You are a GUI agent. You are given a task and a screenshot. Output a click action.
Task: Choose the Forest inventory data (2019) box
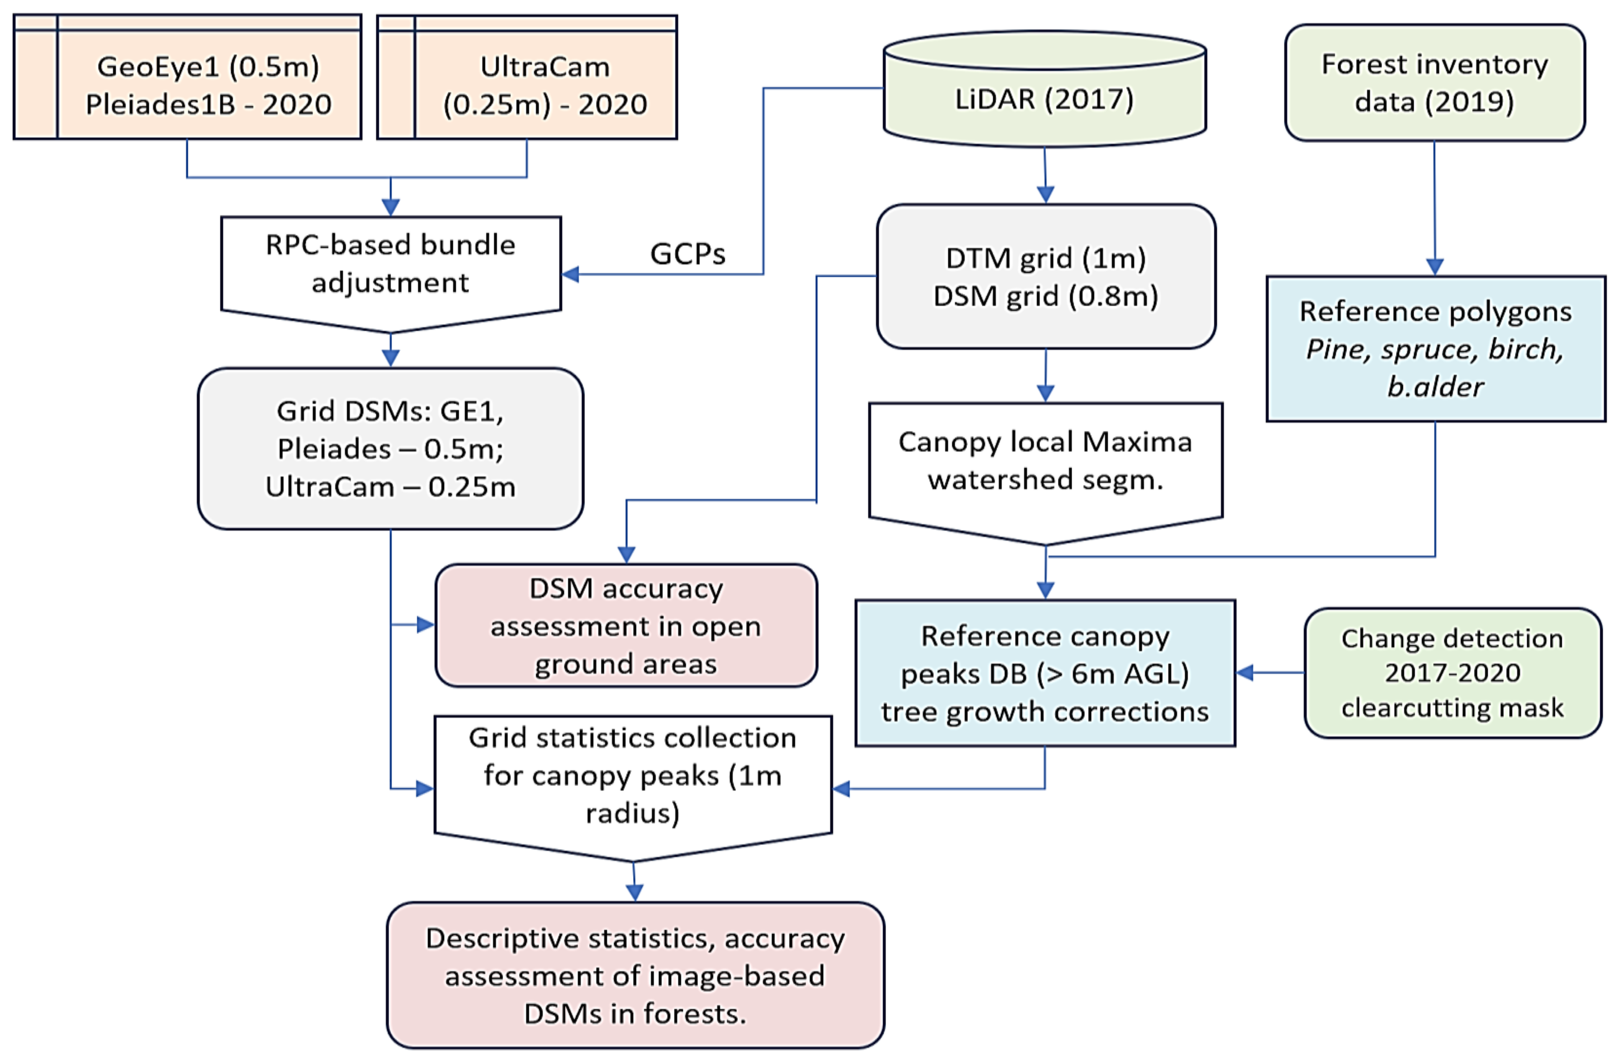coord(1434,83)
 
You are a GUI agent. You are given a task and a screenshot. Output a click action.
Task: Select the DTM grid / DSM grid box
coord(1046,277)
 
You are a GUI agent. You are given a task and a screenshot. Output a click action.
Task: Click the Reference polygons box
coord(1436,348)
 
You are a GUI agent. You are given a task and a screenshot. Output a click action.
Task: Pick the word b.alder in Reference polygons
coord(1435,387)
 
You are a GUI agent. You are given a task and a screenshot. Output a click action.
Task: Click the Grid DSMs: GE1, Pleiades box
coord(391,448)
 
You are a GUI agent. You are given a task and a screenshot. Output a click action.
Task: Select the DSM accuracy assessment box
coord(626,625)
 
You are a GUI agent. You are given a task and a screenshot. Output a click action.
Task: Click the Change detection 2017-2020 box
coord(1452,673)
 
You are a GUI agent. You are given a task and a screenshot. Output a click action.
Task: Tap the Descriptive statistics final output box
coord(635,975)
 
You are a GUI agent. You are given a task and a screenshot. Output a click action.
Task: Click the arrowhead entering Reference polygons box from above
coord(1434,266)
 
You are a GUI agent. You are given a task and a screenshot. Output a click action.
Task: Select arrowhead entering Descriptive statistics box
coord(635,892)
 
